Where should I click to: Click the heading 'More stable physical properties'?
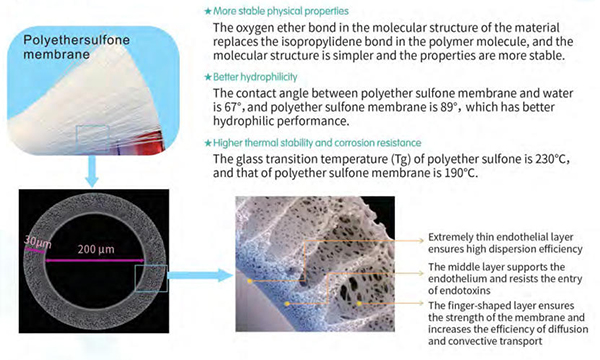click(x=281, y=11)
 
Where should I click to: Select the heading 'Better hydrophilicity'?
click(x=255, y=77)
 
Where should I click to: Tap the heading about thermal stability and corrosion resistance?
click(x=317, y=143)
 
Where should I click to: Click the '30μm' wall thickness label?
click(x=37, y=243)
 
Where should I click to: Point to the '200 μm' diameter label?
click(x=96, y=249)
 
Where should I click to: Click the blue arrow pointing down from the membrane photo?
click(x=92, y=171)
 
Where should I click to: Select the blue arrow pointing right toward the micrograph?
click(x=200, y=275)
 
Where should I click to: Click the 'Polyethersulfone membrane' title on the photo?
click(x=77, y=47)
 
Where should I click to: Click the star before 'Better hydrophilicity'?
click(x=208, y=77)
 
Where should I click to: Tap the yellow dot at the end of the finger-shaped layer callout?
click(x=359, y=303)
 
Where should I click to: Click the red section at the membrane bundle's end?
click(x=155, y=141)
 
